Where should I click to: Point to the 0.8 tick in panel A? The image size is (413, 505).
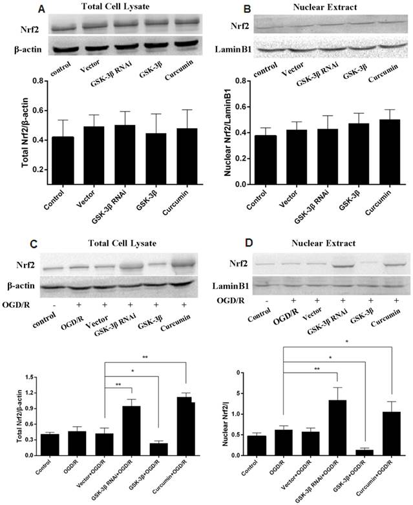pyautogui.click(x=37, y=81)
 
